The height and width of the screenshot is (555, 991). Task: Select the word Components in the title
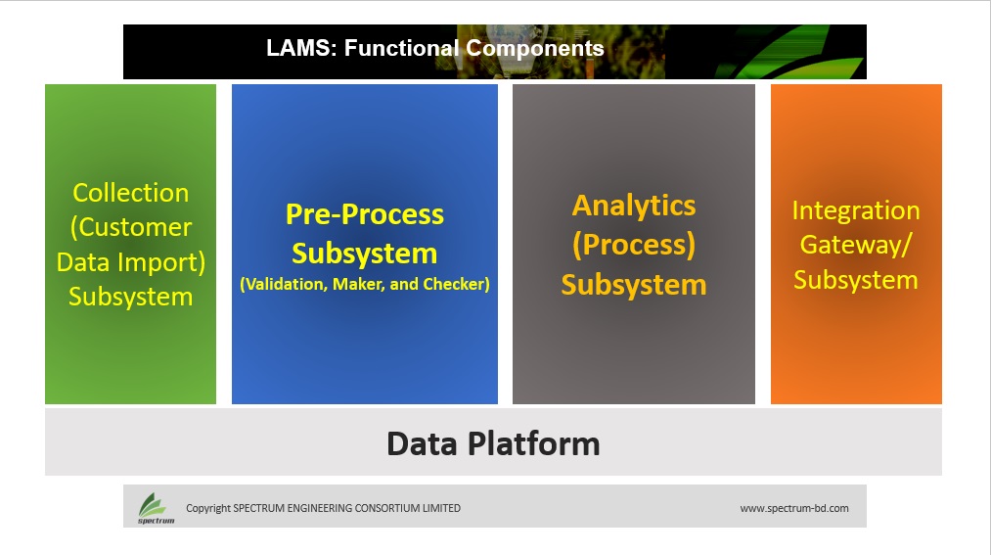[535, 49]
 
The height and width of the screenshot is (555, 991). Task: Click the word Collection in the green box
[131, 193]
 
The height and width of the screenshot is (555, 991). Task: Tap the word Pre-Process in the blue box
[365, 214]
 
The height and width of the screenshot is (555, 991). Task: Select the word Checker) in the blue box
[456, 285]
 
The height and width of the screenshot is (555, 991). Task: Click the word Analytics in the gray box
[634, 207]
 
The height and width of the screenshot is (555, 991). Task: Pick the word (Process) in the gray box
[634, 245]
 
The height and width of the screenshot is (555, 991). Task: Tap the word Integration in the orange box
[856, 211]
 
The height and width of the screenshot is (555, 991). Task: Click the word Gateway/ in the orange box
[856, 245]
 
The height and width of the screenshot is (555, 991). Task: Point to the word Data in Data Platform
[422, 443]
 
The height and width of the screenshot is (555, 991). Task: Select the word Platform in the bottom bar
[533, 443]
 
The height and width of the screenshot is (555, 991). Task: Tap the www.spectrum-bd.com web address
[794, 508]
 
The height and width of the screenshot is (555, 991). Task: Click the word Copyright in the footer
[208, 508]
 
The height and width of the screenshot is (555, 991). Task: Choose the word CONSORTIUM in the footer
[386, 508]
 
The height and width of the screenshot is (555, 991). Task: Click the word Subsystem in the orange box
[856, 280]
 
